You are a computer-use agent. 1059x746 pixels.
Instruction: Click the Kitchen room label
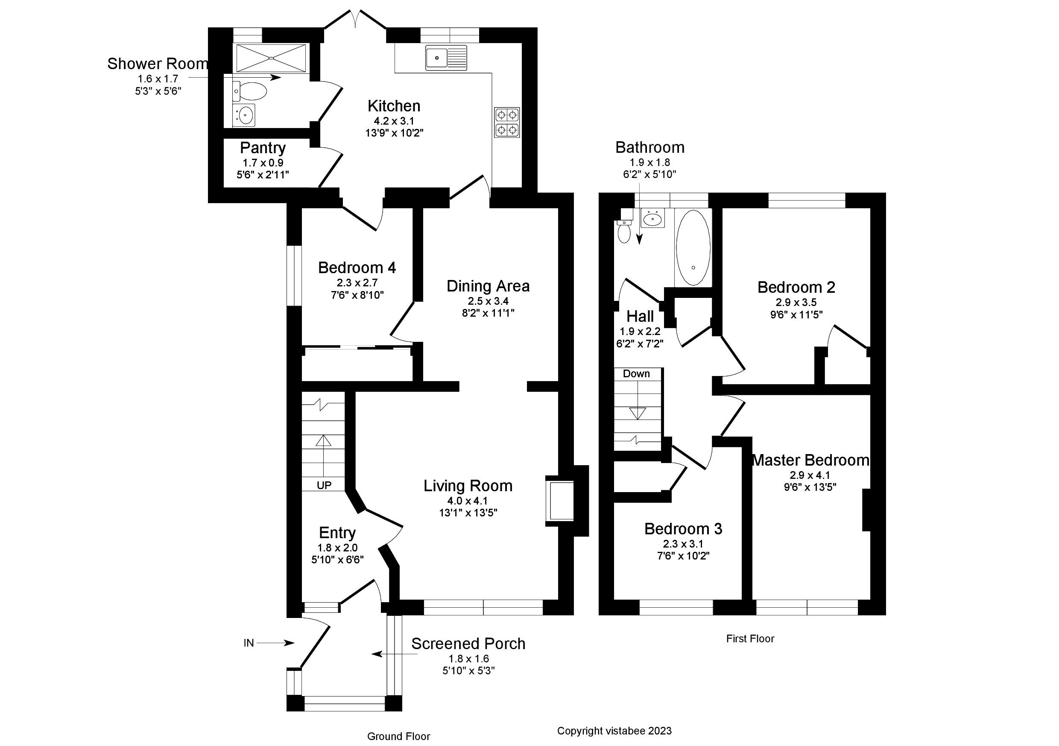393,106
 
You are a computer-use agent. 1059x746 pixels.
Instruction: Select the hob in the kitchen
507,122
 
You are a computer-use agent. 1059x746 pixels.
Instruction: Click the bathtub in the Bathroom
693,248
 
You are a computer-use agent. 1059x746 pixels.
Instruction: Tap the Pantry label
263,148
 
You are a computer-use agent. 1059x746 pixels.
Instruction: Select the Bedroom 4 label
357,268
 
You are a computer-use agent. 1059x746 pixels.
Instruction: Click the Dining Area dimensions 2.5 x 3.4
488,301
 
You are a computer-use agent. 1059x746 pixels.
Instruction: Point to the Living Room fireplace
559,501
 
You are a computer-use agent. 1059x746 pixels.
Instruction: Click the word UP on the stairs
324,485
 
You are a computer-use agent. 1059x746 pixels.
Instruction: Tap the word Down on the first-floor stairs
636,373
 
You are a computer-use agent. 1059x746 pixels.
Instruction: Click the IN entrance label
249,643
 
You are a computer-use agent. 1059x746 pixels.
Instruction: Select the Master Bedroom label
810,460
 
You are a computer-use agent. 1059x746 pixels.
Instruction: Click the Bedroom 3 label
683,529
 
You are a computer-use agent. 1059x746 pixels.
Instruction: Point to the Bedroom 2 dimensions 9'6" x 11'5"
796,315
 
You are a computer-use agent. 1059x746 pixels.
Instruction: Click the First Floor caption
750,638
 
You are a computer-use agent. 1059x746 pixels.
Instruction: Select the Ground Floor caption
398,736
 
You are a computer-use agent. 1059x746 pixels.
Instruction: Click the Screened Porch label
468,644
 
